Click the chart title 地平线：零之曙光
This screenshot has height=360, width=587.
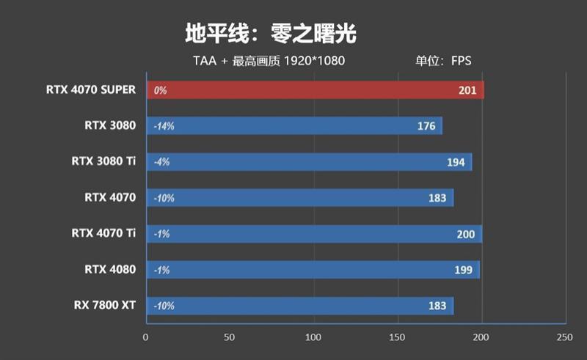pyautogui.click(x=270, y=34)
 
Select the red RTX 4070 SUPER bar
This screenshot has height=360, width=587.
pyautogui.click(x=316, y=90)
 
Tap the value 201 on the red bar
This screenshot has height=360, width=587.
pyautogui.click(x=467, y=91)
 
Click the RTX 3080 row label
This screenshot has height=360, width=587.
pyautogui.click(x=110, y=125)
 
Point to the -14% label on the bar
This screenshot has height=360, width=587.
pyautogui.click(x=164, y=126)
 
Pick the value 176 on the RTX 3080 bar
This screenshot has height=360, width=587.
pyautogui.click(x=426, y=126)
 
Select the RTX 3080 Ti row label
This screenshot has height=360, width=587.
pyautogui.click(x=103, y=161)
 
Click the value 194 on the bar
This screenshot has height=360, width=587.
pyautogui.click(x=456, y=162)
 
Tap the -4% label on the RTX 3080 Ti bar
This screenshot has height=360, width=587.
pyautogui.click(x=161, y=162)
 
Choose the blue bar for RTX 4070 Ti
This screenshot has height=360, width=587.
pyautogui.click(x=316, y=234)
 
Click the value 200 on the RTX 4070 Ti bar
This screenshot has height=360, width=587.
pyautogui.click(x=465, y=234)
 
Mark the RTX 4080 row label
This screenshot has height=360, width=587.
pyautogui.click(x=110, y=269)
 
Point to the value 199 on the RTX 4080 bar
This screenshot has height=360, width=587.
pyautogui.click(x=464, y=270)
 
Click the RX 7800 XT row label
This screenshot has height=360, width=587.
pyautogui.click(x=105, y=305)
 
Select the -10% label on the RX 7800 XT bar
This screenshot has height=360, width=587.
pyautogui.click(x=164, y=306)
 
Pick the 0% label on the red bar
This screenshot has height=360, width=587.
pyautogui.click(x=161, y=91)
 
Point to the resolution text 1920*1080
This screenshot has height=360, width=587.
pyautogui.click(x=313, y=61)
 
